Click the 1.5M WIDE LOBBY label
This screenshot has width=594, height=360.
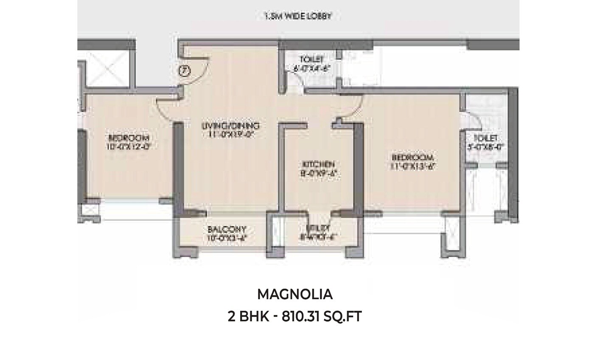297,17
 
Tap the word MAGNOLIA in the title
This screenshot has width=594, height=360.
295,294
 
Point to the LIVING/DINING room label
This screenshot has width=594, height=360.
230,126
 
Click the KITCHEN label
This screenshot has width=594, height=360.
319,164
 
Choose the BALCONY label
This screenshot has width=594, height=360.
227,230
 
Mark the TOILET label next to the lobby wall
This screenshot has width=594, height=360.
312,59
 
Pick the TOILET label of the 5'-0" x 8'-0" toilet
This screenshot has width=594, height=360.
485,139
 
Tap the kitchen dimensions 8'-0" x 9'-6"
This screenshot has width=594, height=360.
319,173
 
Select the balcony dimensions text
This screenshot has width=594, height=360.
227,237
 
